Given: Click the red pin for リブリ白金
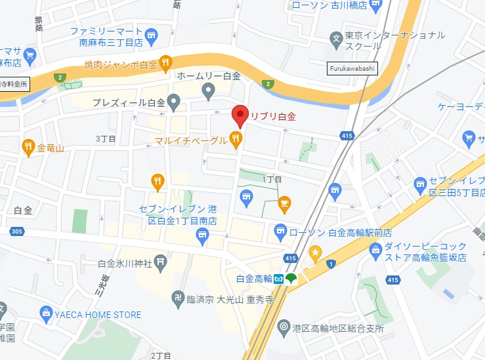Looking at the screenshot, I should tap(240, 115).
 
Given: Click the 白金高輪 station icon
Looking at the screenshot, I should tap(279, 279).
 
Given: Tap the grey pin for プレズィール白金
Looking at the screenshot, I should tap(174, 102).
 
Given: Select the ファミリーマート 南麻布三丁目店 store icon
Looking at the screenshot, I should tap(152, 34).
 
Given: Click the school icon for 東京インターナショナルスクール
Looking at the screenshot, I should tap(336, 39).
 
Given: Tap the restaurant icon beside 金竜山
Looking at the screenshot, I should tap(28, 148).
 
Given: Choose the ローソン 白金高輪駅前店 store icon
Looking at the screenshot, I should tap(280, 231).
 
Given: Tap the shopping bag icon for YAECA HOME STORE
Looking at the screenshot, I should tap(45, 314).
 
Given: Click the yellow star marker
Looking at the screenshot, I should tap(316, 252).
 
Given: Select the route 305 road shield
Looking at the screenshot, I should tap(17, 231).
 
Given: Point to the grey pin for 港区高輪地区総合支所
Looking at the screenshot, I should tap(284, 326).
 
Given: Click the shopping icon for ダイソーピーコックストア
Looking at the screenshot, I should tap(375, 249).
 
